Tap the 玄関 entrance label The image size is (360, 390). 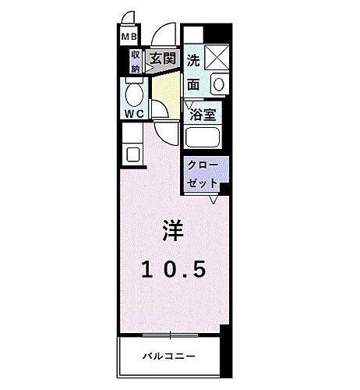point(162,58)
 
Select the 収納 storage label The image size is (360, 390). point(135,61)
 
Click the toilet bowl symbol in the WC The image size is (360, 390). point(134,95)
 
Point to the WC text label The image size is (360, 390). point(133,114)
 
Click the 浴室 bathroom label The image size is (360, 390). point(203,114)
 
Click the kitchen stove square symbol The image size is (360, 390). point(130,152)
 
